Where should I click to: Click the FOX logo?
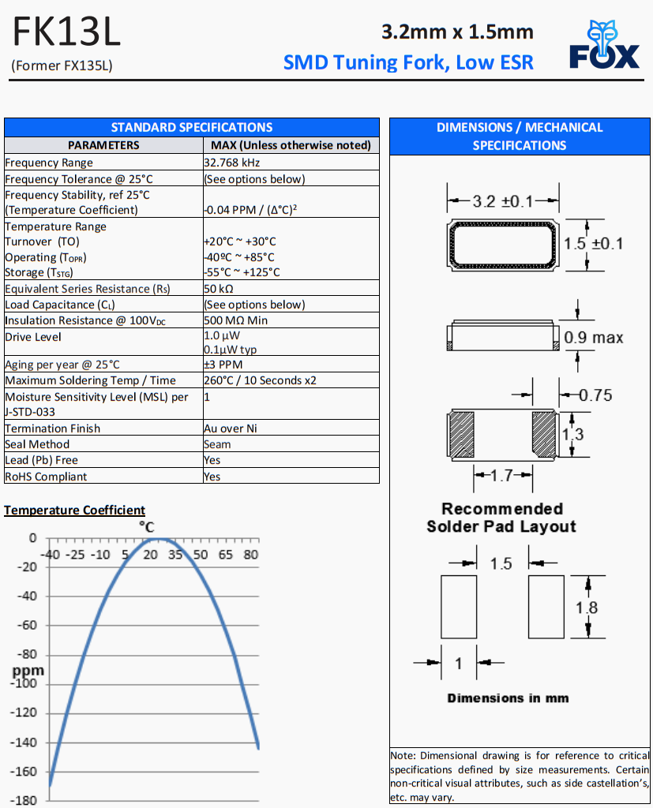pyautogui.click(x=604, y=46)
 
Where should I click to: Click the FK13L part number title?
pyautogui.click(x=67, y=32)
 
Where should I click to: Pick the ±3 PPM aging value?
pyautogui.click(x=223, y=365)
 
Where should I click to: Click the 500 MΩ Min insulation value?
pyautogui.click(x=236, y=320)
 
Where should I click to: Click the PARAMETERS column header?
pyautogui.click(x=103, y=145)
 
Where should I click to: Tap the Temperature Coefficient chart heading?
pyautogui.click(x=74, y=511)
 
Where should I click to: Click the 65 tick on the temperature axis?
pyautogui.click(x=226, y=555)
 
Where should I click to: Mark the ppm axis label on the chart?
pyautogui.click(x=28, y=671)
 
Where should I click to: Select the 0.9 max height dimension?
pyautogui.click(x=594, y=338)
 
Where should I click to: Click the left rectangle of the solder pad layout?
pyautogui.click(x=459, y=607)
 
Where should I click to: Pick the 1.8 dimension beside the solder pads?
pyautogui.click(x=587, y=608)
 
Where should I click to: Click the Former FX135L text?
pyautogui.click(x=62, y=65)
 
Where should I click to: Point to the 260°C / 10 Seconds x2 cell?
pyautogui.click(x=260, y=380)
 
